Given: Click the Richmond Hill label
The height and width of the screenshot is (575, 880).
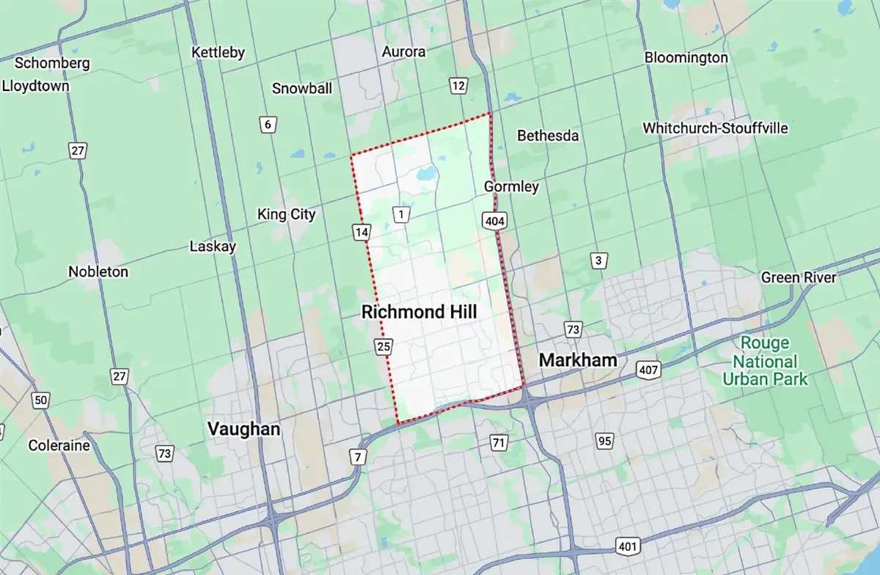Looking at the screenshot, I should point(419,312).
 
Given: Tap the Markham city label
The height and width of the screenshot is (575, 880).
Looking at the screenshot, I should point(577,361).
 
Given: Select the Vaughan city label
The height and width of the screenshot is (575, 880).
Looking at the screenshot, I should point(243,429).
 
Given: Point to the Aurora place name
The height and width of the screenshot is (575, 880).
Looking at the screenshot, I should point(403,52).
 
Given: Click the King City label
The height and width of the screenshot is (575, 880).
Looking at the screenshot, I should point(286,215).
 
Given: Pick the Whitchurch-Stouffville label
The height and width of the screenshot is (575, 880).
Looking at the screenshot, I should point(715,128).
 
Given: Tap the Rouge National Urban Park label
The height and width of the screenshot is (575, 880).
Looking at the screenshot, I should point(765,362).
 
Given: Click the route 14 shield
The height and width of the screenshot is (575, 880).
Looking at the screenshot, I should point(361,232).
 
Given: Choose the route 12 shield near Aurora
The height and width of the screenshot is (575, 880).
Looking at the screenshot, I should point(458,87).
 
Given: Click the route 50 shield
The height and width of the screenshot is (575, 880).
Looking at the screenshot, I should point(40,400).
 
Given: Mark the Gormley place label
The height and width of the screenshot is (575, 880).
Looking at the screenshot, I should point(511,187).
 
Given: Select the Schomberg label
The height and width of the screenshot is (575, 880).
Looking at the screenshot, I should point(51,63).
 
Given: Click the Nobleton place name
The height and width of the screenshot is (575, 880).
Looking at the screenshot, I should point(98,272).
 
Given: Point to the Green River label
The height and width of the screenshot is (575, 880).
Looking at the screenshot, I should point(798,278).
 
